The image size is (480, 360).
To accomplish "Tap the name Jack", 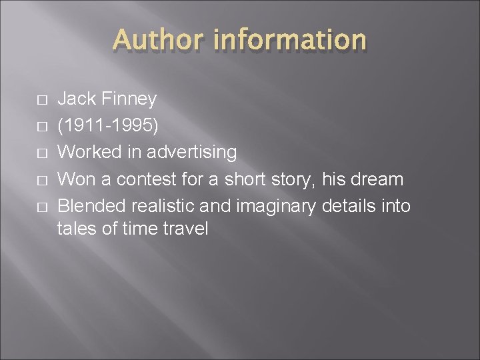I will [77, 99].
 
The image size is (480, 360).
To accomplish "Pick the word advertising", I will [191, 152].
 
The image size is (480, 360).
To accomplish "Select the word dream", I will [380, 179].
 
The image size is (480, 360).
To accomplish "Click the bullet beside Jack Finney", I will [42, 100].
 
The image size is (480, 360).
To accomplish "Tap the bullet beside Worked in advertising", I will [42, 153].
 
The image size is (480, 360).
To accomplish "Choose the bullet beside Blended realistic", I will [42, 205].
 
